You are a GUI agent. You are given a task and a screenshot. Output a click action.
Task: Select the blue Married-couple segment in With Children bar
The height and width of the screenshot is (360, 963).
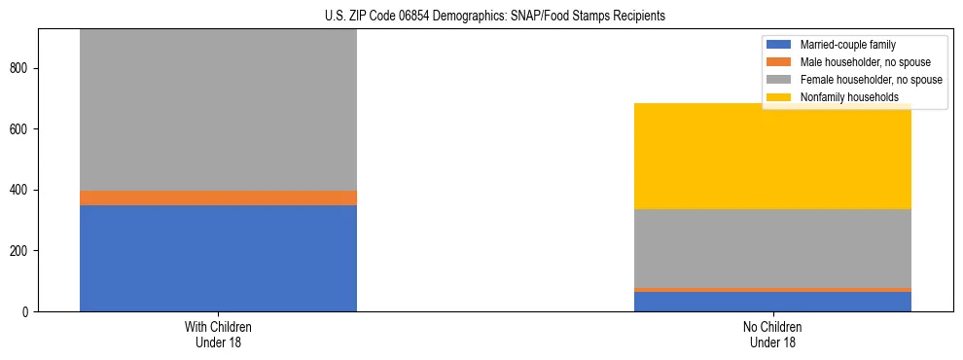click(218, 258)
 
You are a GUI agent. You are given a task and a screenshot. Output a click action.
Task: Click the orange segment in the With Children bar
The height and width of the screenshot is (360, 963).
click(218, 198)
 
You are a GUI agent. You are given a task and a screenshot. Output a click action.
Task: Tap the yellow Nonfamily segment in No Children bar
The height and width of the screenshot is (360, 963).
click(772, 156)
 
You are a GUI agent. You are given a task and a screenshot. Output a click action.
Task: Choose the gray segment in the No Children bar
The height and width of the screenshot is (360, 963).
click(772, 248)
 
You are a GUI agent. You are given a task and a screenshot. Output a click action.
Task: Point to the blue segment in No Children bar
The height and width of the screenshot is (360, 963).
click(772, 301)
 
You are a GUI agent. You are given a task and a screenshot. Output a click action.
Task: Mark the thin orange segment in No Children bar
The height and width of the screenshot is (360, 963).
click(772, 290)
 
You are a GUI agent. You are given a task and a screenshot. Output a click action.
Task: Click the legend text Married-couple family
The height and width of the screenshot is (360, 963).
click(847, 45)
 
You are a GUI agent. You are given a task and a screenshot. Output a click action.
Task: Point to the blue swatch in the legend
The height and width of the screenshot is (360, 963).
click(780, 45)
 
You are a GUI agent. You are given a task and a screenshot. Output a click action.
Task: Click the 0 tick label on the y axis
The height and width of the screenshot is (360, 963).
click(27, 311)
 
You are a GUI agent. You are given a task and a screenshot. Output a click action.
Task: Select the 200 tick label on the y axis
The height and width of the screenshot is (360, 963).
click(21, 251)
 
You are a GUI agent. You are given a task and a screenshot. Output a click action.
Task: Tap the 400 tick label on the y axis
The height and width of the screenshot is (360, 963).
click(21, 190)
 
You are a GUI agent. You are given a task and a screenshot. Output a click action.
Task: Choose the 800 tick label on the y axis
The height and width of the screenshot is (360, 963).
click(21, 68)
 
